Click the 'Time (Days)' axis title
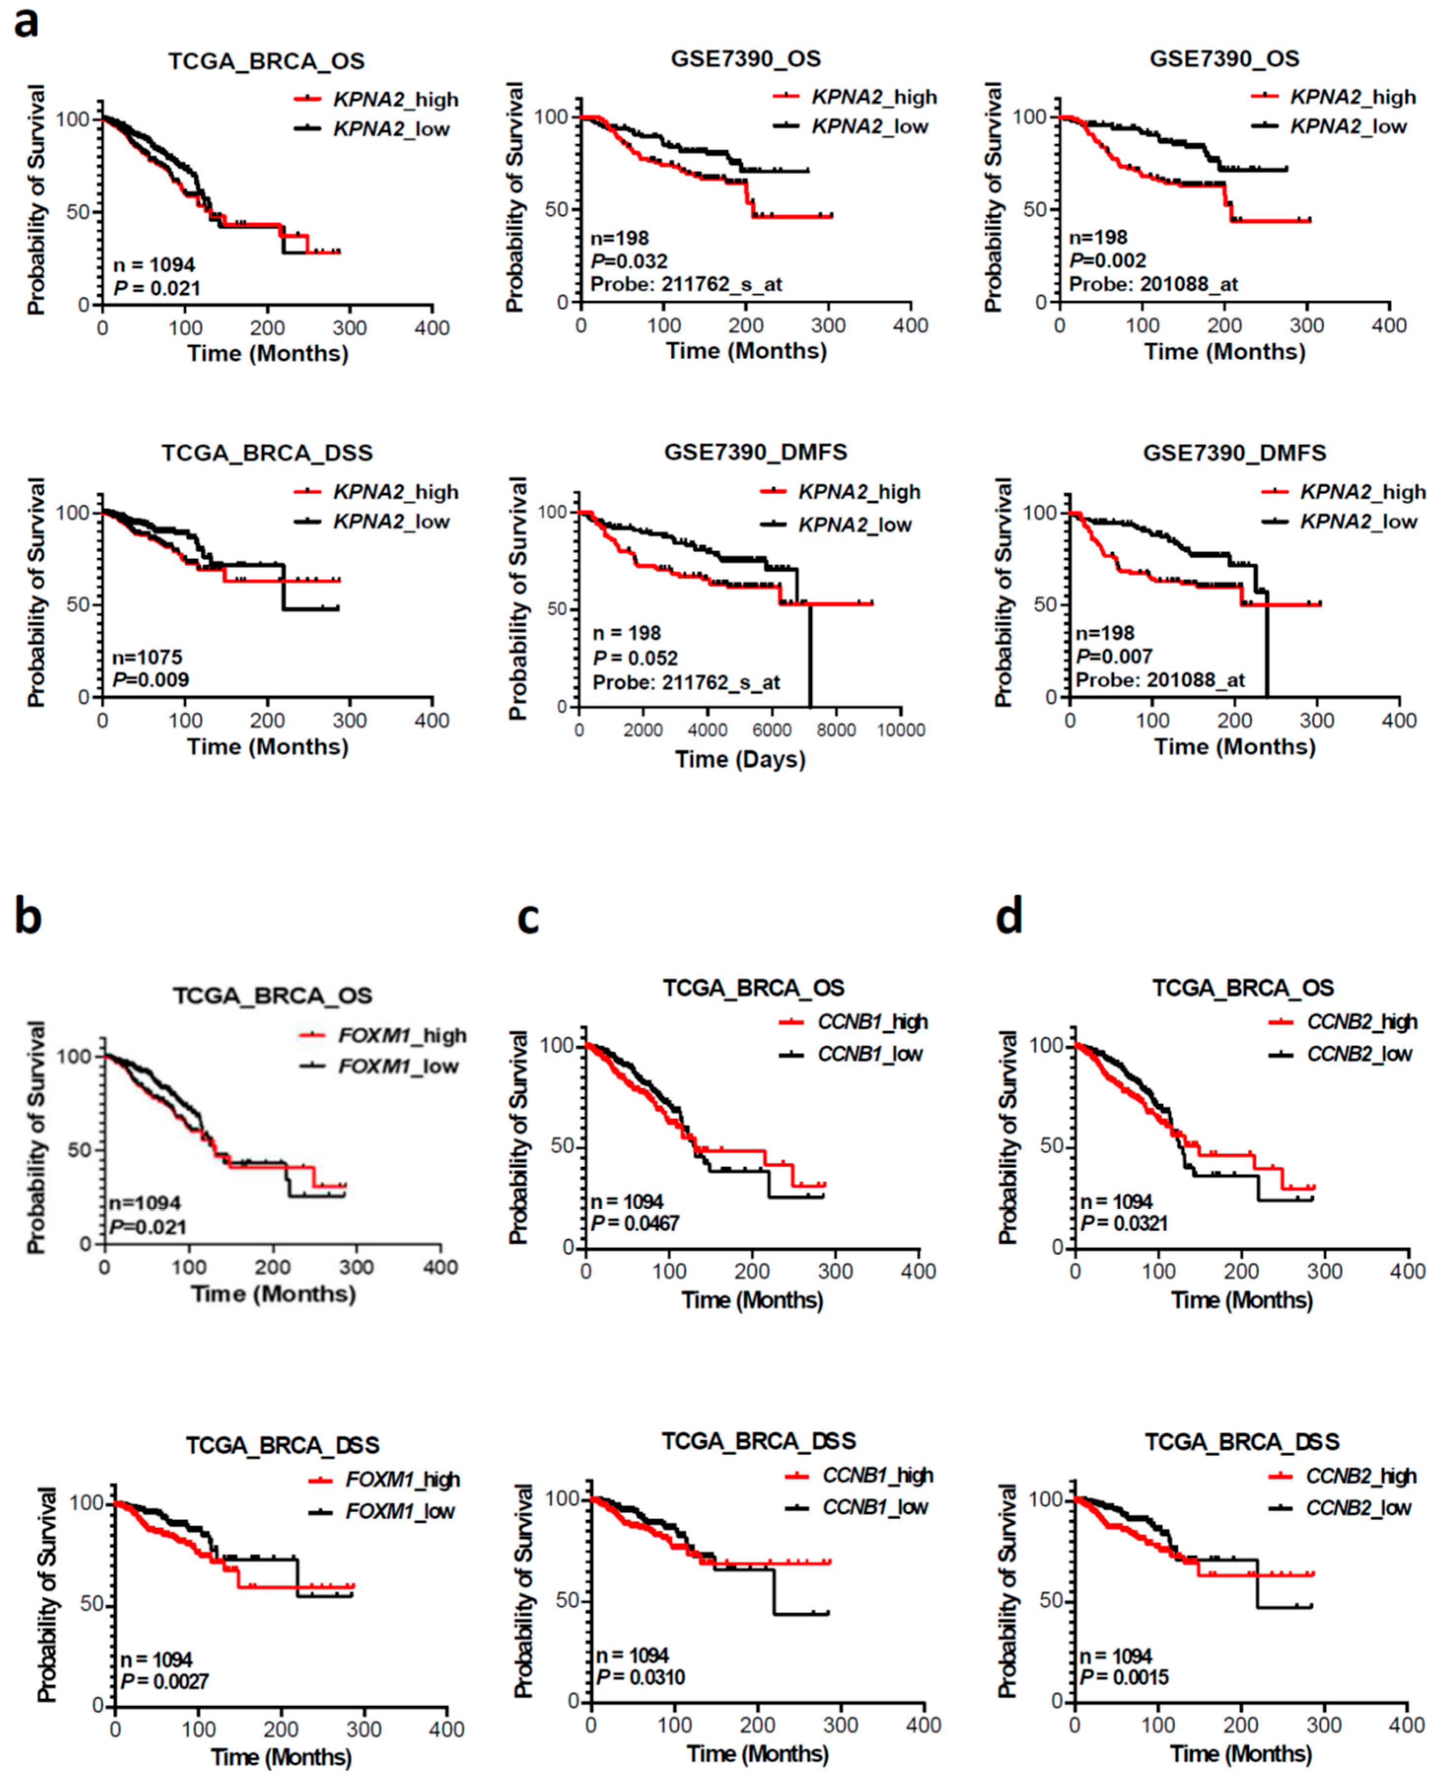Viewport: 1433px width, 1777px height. pos(740,759)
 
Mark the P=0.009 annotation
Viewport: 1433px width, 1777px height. pos(150,679)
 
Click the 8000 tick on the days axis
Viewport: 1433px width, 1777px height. pos(836,730)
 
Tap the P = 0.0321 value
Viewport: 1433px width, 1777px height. pos(1124,1222)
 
